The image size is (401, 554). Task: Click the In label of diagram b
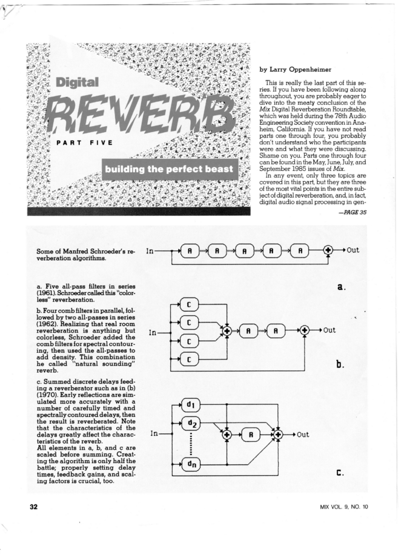154,331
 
